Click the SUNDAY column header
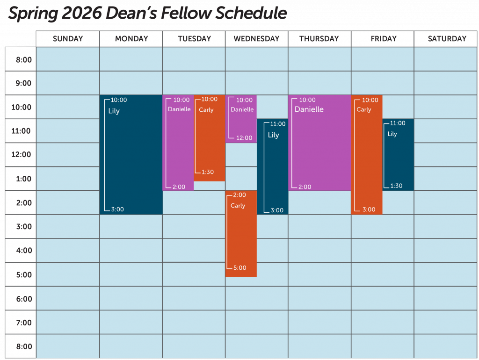(68, 39)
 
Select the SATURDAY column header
(447, 39)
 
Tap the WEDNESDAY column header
(256, 39)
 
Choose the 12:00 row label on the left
(21, 155)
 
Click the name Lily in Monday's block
(114, 111)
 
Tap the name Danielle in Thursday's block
(309, 109)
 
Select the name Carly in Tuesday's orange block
(206, 110)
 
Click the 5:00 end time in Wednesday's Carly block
(239, 268)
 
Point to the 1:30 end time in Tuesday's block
(207, 172)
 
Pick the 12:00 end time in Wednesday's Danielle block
(244, 138)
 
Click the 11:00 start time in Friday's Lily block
(398, 123)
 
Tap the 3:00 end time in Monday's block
(117, 209)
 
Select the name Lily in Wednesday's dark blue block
(273, 135)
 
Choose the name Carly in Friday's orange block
(363, 110)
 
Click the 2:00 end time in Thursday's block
(305, 187)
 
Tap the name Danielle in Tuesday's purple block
(179, 109)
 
